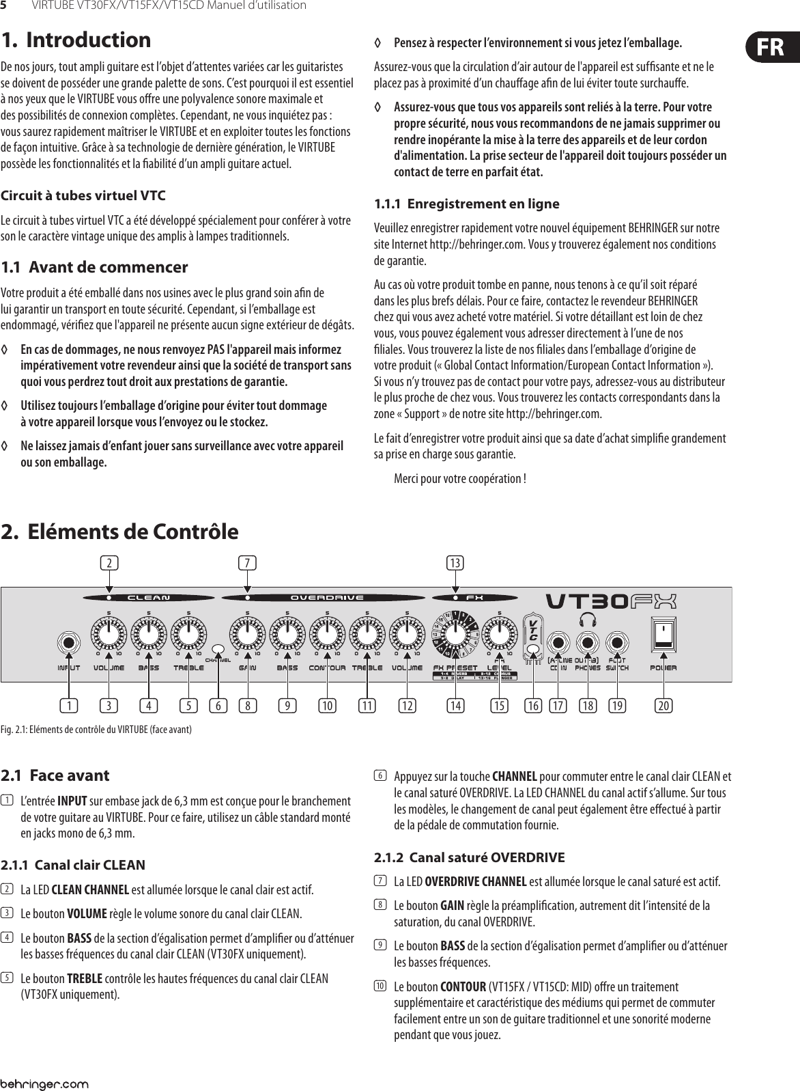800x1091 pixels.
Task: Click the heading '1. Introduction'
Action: click(76, 40)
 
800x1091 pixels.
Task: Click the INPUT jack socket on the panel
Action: click(68, 643)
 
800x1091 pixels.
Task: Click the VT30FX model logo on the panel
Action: click(611, 601)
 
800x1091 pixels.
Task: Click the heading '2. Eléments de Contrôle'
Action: click(120, 531)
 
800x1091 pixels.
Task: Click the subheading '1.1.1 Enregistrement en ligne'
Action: click(467, 204)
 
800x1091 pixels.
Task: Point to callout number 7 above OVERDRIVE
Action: click(248, 563)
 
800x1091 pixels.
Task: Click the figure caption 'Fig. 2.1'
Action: click(96, 730)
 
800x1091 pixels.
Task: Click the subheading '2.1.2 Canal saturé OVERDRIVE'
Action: click(470, 856)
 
